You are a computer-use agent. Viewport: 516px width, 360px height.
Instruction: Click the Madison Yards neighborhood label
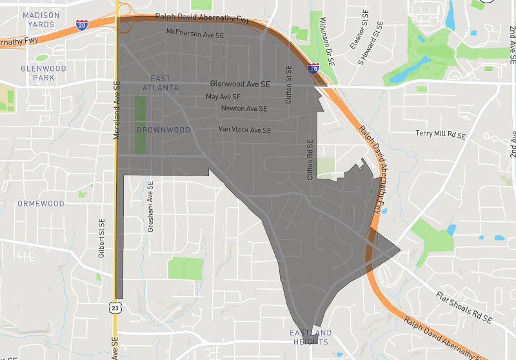[41, 19]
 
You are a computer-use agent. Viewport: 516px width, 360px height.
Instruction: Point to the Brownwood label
[163, 130]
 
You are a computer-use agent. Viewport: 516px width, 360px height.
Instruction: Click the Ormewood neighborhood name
[41, 203]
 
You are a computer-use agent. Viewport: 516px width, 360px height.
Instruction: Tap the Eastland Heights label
[311, 337]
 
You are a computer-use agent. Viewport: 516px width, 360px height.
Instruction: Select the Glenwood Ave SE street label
[239, 84]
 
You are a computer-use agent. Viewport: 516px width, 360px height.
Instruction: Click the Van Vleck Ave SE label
[244, 130]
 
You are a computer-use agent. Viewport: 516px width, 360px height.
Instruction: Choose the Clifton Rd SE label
[310, 159]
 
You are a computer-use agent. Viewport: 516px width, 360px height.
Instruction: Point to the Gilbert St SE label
[101, 239]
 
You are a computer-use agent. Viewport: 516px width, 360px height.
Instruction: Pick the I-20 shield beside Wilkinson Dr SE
[313, 66]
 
